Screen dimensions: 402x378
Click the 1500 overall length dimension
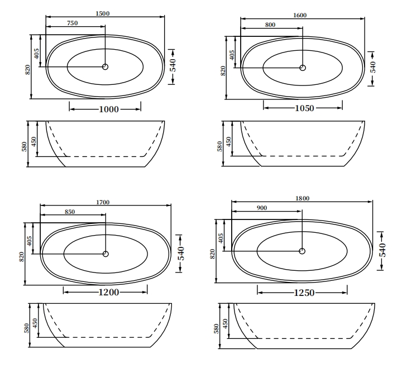tap(103, 13)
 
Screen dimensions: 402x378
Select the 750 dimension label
tap(72, 23)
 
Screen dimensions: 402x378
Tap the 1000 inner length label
tap(109, 109)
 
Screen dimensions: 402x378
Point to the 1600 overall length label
tap(300, 16)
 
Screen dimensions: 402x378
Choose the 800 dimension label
tap(270, 25)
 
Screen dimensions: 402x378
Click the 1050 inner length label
tap(304, 108)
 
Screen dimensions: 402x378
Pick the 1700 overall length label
tap(103, 202)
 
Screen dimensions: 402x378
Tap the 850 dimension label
tap(70, 212)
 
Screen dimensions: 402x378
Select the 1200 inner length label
tap(109, 293)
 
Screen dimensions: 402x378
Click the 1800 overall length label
tap(303, 198)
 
